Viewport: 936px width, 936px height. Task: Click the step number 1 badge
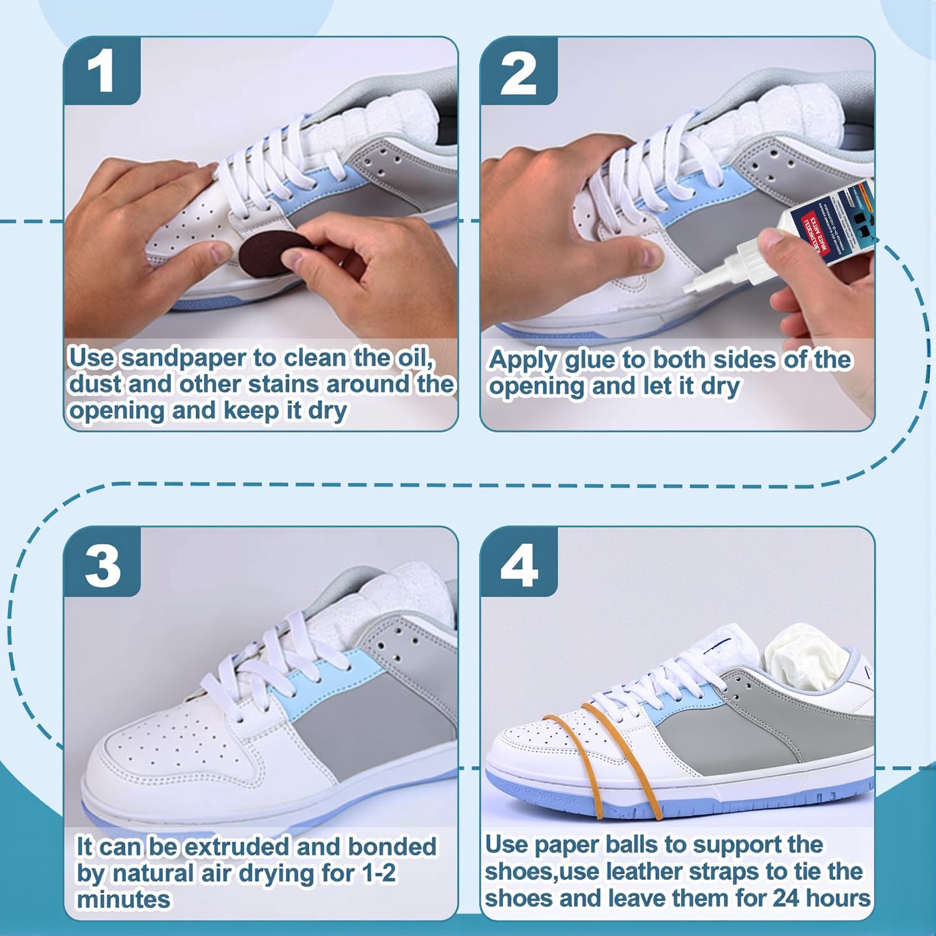(101, 71)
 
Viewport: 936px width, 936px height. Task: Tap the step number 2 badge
(518, 72)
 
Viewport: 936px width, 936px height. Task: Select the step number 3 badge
(102, 565)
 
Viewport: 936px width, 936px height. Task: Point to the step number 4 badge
(519, 565)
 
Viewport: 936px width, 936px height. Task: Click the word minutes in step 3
(123, 900)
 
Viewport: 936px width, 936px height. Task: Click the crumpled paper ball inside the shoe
(805, 658)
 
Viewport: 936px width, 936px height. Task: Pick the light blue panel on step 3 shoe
(324, 686)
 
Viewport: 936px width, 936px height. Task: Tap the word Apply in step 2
(523, 360)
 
